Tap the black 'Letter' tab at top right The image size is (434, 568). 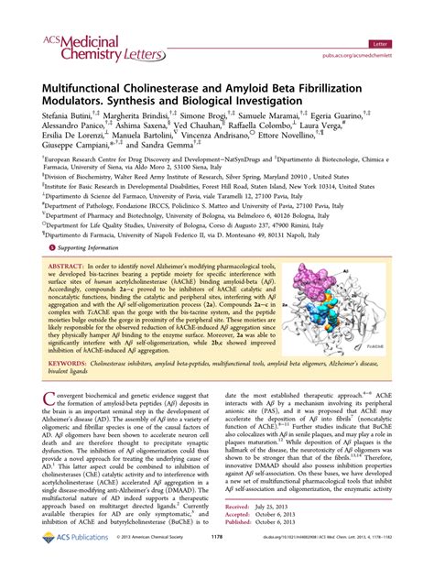pyautogui.click(x=400, y=18)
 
